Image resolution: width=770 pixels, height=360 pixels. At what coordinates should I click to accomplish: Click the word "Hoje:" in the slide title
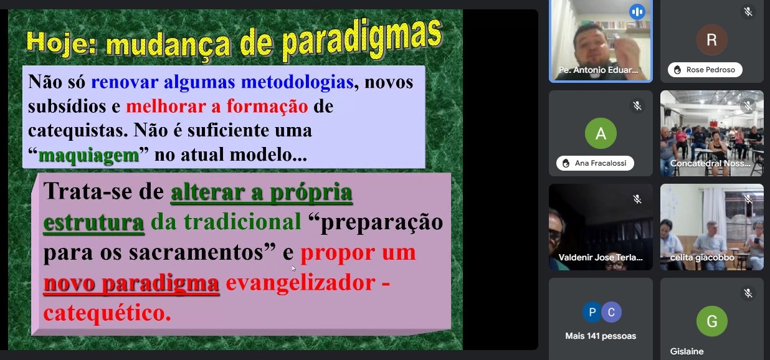click(x=62, y=42)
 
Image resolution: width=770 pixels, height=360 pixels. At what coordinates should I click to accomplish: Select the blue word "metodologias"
click(x=297, y=82)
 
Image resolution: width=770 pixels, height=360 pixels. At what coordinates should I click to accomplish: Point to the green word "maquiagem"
click(x=88, y=155)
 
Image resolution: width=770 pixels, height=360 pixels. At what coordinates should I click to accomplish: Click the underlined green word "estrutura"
click(x=93, y=222)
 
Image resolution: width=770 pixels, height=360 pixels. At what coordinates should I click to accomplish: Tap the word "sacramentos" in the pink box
click(x=196, y=252)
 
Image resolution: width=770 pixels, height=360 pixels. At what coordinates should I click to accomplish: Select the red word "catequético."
click(x=107, y=313)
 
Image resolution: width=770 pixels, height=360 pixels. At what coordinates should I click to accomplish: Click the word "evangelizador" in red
click(x=300, y=283)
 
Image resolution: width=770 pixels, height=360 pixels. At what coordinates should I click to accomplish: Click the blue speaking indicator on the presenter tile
click(x=637, y=12)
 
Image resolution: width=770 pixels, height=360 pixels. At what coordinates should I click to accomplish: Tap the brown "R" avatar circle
click(x=711, y=40)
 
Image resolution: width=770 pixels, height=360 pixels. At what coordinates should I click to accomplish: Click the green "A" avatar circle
click(x=601, y=133)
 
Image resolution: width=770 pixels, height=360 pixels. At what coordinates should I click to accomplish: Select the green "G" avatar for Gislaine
click(x=711, y=321)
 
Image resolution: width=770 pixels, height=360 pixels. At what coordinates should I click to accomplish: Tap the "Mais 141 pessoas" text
click(x=601, y=336)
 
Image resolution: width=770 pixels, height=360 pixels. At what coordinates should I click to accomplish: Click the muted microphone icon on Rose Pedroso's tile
click(x=748, y=12)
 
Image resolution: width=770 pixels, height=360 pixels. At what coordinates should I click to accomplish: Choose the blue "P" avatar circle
click(x=592, y=312)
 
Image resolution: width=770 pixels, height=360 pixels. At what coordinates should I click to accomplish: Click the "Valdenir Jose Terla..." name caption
click(x=601, y=257)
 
